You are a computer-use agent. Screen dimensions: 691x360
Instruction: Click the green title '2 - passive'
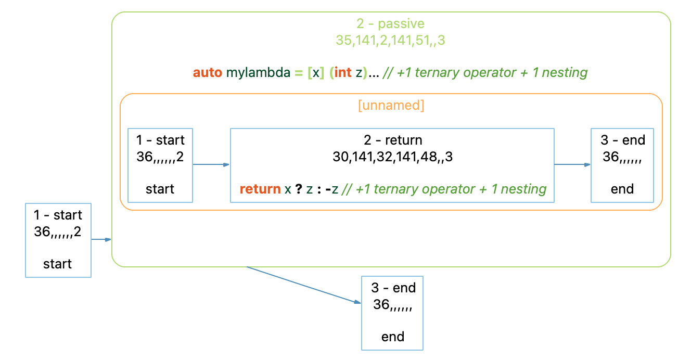point(390,23)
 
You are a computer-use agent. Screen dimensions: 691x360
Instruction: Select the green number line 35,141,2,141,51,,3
point(390,40)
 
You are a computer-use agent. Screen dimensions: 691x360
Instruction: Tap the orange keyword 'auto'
point(207,72)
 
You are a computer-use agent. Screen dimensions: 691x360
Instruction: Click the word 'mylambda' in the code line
point(258,72)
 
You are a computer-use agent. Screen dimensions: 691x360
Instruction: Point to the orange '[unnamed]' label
point(391,105)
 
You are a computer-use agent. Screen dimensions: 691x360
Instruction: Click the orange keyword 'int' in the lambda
point(343,72)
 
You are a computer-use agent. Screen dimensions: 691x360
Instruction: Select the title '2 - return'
point(393,140)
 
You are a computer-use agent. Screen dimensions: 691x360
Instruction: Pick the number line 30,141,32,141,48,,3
point(392,157)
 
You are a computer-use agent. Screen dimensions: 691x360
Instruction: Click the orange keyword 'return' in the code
point(260,189)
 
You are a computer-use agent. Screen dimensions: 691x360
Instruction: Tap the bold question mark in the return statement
point(298,189)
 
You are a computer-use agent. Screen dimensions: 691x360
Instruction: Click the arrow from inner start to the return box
point(211,164)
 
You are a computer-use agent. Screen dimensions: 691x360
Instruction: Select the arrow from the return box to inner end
point(572,164)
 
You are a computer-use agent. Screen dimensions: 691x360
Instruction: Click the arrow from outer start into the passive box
point(101,239)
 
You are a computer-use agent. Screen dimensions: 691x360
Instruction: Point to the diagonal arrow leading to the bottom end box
point(303,285)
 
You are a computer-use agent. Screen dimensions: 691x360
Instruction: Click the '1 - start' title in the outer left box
point(58,215)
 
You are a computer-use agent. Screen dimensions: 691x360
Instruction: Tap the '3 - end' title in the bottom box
point(393,288)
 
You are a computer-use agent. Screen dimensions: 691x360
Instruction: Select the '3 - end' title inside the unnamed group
point(623,140)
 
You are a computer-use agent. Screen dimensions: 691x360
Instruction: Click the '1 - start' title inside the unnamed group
point(160,140)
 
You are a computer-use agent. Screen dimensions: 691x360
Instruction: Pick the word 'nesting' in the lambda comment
point(565,73)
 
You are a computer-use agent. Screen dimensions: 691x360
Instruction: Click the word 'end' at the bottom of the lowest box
point(393,337)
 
